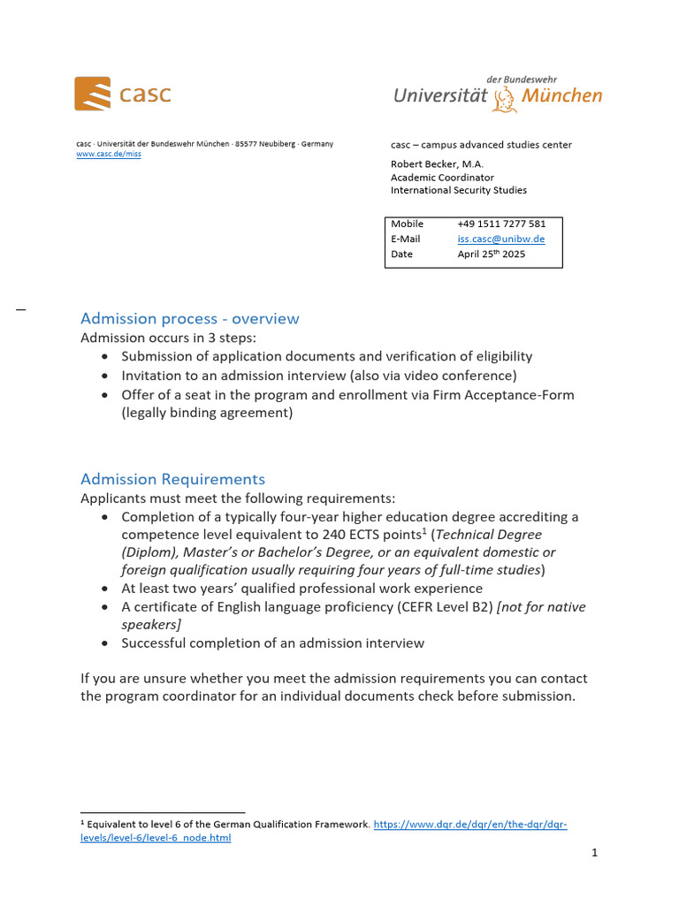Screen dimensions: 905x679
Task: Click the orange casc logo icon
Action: click(x=92, y=94)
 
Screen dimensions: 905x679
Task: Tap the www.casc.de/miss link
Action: click(x=108, y=154)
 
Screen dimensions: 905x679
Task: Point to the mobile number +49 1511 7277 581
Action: click(x=501, y=224)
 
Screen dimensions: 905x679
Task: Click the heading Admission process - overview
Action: click(x=189, y=318)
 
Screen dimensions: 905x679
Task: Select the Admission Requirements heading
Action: click(x=172, y=479)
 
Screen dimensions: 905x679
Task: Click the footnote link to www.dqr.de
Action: click(x=470, y=825)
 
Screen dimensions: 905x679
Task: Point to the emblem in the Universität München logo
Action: click(x=505, y=97)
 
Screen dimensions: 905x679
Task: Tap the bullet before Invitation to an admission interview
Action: click(x=106, y=376)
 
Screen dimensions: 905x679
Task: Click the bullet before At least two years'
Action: click(x=106, y=589)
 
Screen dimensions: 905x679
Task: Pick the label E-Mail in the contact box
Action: click(x=406, y=239)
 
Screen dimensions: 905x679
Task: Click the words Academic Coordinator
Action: click(x=442, y=177)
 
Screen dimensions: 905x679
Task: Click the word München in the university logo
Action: click(x=562, y=95)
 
